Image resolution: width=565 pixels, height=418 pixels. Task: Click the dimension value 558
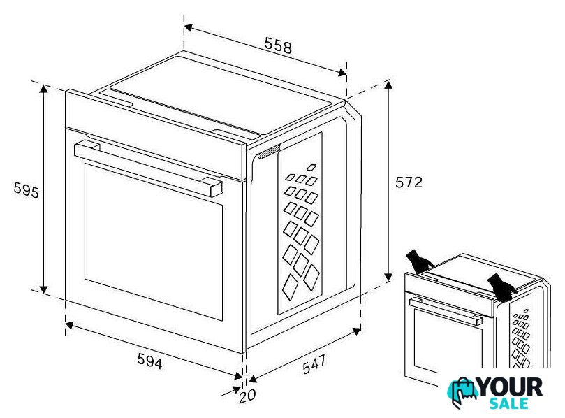coord(278,45)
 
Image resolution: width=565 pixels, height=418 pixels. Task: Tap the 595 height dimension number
coord(26,190)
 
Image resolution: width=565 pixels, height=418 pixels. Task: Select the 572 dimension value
coord(409,182)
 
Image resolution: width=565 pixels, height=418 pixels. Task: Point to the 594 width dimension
coord(149,361)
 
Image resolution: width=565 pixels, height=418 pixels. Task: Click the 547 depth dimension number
coord(314,364)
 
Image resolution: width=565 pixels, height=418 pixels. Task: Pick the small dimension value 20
coord(247,396)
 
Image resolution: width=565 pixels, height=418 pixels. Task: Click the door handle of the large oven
coord(148,168)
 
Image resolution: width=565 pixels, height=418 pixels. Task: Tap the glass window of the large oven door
coord(154,242)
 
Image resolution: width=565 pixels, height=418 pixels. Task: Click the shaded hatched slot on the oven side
coord(269,151)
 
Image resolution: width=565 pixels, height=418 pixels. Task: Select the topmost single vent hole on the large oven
coord(311,167)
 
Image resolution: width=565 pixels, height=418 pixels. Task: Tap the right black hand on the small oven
coord(501,287)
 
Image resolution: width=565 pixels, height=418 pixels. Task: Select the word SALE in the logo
coord(509,403)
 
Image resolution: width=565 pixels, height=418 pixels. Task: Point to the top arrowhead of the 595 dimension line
coord(43,89)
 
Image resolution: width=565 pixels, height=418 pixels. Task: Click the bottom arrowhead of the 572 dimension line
coord(388,277)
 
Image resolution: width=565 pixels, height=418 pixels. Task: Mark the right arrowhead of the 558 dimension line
coord(342,73)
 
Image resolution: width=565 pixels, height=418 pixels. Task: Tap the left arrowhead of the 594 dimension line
coord(70,325)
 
